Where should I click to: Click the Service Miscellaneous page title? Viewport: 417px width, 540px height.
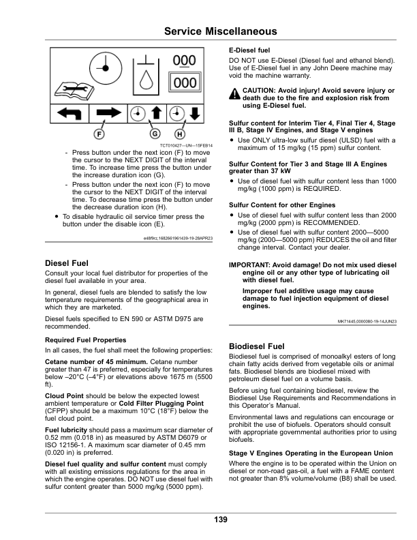click(x=221, y=31)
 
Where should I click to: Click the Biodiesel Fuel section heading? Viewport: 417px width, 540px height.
click(x=257, y=346)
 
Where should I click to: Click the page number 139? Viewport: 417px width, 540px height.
click(x=220, y=520)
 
